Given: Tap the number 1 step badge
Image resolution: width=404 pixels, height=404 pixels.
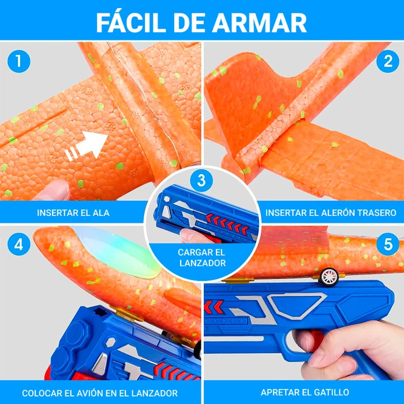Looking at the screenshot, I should point(19,61).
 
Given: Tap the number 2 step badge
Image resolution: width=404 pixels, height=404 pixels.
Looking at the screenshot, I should point(387,61).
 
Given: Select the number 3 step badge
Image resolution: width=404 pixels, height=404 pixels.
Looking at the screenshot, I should point(201,181).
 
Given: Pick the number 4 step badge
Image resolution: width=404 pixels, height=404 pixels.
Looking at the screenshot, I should point(19,244).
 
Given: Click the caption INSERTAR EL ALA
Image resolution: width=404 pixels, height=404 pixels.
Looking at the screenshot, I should point(73,212).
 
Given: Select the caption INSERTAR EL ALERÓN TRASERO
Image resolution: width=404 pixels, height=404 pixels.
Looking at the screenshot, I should point(331,212).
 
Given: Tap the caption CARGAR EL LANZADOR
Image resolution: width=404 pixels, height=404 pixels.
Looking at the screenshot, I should point(201,257).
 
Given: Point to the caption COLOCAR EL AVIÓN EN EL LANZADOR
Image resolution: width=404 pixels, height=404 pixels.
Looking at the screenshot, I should point(100,393).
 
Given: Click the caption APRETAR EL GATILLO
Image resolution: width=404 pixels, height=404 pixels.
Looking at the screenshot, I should point(303,393).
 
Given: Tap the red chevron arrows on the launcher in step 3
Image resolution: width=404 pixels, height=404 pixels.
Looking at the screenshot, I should point(227,222).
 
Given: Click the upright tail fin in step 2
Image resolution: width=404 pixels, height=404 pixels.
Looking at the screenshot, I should point(248,92).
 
